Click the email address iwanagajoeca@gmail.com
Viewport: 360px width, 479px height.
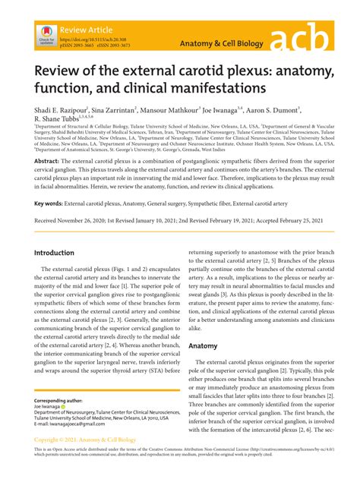84,445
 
